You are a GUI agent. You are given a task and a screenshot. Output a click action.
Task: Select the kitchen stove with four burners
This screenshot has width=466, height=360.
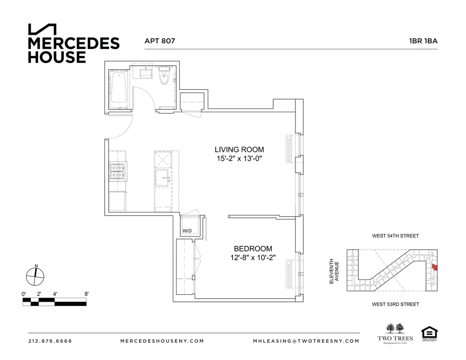(x=117, y=171)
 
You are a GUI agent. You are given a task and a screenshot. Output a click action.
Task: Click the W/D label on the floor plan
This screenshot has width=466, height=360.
(x=187, y=231)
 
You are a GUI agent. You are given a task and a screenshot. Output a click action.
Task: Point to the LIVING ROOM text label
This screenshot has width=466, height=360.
(x=239, y=149)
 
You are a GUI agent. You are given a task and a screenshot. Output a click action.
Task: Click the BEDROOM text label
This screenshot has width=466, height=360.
(x=253, y=249)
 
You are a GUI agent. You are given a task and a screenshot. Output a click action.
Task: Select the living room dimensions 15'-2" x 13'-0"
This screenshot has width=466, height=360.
(x=239, y=159)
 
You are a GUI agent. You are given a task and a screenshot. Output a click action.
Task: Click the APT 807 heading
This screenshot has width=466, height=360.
(x=160, y=41)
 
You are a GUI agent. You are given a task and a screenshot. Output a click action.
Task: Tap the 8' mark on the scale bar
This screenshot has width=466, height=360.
(x=86, y=294)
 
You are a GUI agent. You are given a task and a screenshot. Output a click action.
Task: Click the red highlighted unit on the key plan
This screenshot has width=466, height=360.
(x=434, y=267)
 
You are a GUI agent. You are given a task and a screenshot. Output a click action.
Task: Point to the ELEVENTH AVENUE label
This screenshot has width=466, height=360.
(x=334, y=271)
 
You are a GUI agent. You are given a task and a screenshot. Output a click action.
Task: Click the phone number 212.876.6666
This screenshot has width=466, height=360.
(x=50, y=341)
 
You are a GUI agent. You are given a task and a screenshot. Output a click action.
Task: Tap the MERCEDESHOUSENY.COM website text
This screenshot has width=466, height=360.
(x=162, y=341)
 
